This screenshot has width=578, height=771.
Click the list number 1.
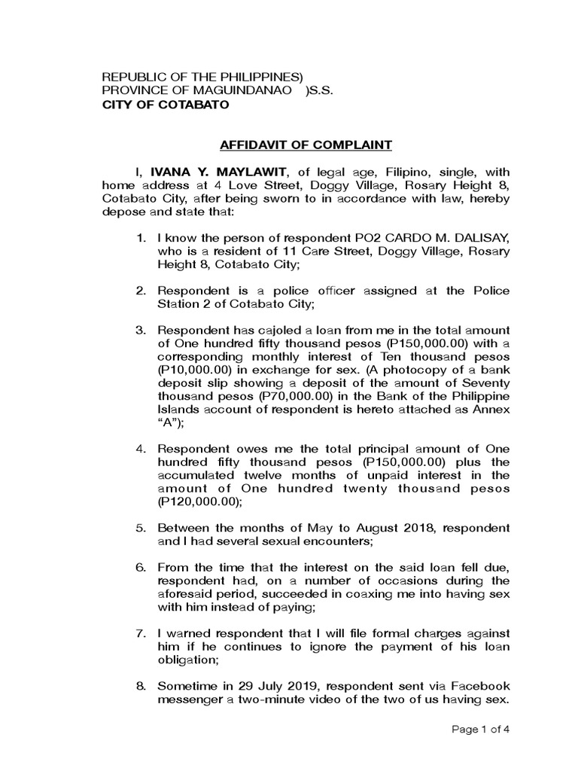click(x=140, y=239)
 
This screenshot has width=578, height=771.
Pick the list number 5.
click(x=140, y=527)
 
